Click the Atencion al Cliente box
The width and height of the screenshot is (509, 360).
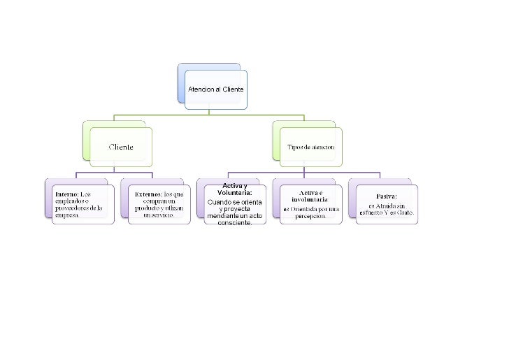215,89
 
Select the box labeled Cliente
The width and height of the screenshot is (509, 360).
120,147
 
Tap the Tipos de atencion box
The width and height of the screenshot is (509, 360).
311,147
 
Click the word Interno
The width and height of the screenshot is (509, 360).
66,194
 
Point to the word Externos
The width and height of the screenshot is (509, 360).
148,194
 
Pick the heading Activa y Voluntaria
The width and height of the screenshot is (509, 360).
234,189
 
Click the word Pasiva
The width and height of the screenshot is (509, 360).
387,196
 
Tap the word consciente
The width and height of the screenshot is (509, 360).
235,223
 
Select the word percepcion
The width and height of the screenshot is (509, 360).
311,215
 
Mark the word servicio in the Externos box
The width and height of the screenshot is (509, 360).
158,215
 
